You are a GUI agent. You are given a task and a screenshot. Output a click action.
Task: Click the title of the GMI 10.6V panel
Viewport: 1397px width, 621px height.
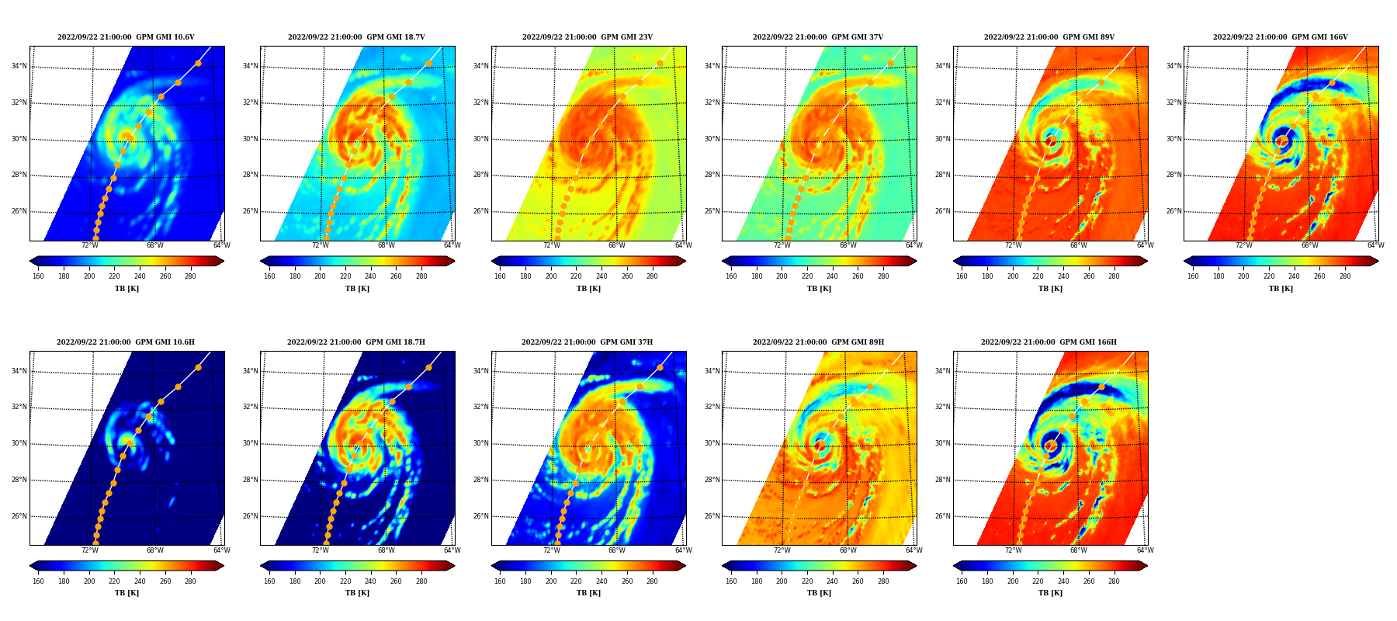point(126,37)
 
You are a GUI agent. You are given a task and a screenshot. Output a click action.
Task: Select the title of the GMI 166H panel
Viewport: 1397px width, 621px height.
point(1049,342)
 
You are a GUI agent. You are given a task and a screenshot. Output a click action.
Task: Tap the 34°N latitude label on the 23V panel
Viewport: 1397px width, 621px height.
point(481,66)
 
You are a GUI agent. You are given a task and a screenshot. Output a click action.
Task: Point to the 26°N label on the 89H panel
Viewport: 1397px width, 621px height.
point(712,516)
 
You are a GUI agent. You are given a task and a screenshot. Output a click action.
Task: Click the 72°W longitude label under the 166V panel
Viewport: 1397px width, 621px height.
point(1244,245)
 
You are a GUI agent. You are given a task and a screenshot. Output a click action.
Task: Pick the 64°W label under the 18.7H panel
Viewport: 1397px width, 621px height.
point(452,550)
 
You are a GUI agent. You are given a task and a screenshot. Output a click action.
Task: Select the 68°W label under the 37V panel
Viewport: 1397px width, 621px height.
point(848,245)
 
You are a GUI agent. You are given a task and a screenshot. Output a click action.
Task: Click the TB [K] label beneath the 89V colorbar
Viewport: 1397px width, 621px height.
point(1050,289)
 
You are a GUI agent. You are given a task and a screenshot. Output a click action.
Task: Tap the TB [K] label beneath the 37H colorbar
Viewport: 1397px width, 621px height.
point(588,593)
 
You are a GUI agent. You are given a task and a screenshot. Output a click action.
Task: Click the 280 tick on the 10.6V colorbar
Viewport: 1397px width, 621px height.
point(190,276)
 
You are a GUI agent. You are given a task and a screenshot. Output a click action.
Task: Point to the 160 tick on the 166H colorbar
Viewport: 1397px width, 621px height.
point(962,581)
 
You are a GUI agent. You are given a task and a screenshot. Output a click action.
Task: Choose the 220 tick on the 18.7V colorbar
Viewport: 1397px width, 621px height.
point(345,276)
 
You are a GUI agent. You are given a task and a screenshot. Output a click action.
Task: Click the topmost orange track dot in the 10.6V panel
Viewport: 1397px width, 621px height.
point(198,63)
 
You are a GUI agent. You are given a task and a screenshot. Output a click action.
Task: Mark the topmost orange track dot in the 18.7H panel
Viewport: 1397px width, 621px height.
point(428,367)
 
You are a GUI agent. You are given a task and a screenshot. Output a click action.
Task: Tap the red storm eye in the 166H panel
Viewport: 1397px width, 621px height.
point(1051,446)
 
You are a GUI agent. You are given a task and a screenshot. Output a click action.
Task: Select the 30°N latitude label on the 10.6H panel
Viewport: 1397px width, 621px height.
point(19,443)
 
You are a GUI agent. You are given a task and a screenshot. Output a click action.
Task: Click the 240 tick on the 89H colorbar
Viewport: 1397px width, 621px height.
point(832,581)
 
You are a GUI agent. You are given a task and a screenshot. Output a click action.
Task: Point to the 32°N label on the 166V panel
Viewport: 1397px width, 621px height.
point(1173,102)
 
